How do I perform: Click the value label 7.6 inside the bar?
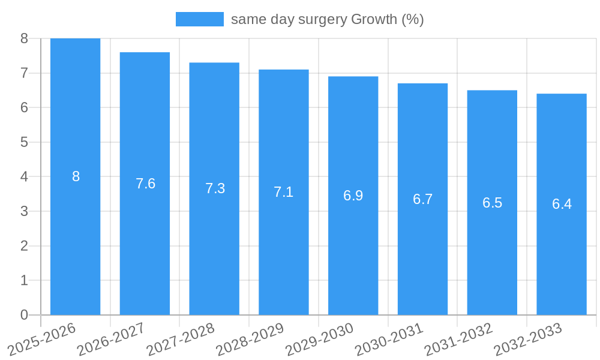pyautogui.click(x=145, y=184)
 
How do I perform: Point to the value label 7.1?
pyautogui.click(x=284, y=192)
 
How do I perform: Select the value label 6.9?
pyautogui.click(x=353, y=196)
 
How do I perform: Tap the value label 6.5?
pyautogui.click(x=492, y=203)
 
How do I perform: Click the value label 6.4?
pyautogui.click(x=562, y=204)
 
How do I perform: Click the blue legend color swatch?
pyautogui.click(x=199, y=19)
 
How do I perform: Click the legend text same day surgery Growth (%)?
pyautogui.click(x=327, y=19)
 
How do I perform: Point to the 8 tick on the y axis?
pyautogui.click(x=24, y=38)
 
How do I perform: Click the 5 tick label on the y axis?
pyautogui.click(x=24, y=142)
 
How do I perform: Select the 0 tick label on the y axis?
pyautogui.click(x=24, y=315)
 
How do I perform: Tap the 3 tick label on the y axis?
pyautogui.click(x=24, y=211)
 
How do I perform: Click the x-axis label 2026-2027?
pyautogui.click(x=112, y=338)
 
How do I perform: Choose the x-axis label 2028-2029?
pyautogui.click(x=250, y=338)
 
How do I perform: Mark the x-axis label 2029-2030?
pyautogui.click(x=320, y=338)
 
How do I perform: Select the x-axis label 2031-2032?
pyautogui.click(x=459, y=338)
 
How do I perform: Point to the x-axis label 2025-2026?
pyautogui.click(x=42, y=338)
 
